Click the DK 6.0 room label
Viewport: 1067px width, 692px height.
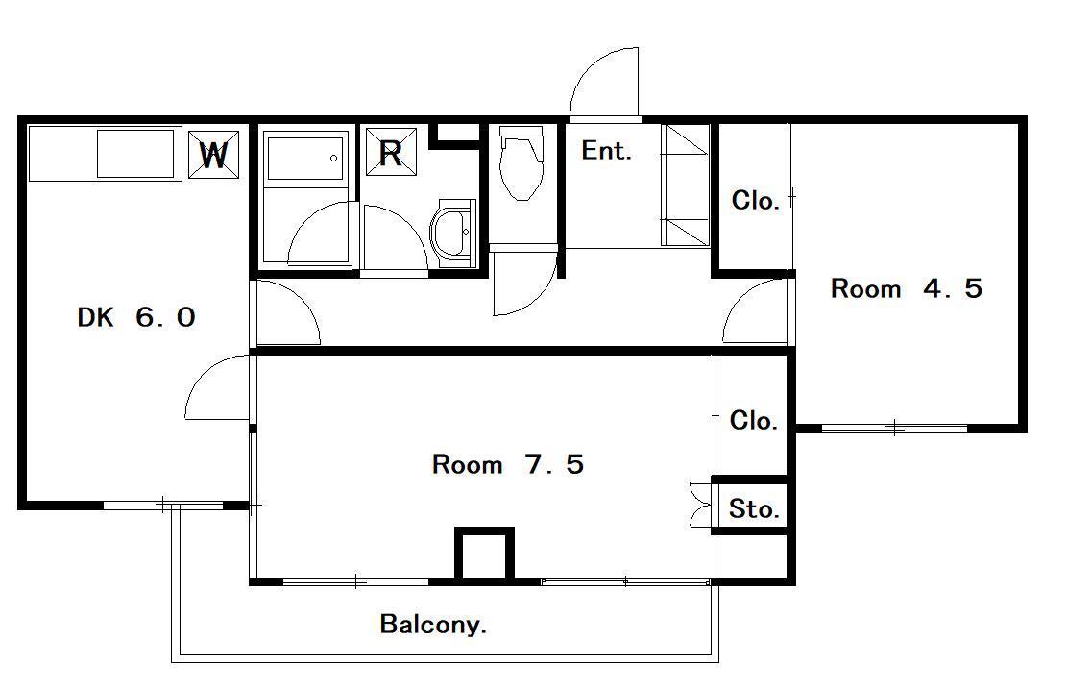(x=136, y=317)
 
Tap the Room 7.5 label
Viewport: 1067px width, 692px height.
(x=508, y=464)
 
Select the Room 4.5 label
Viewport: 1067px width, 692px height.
(x=907, y=288)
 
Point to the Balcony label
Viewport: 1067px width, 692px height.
(x=433, y=624)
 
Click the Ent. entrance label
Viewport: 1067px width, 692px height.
(x=606, y=151)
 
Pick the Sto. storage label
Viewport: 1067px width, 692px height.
(x=753, y=508)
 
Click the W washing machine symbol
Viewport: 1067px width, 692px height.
(x=213, y=155)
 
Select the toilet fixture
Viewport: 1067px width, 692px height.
(x=521, y=163)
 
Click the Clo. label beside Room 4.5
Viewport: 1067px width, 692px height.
(x=755, y=201)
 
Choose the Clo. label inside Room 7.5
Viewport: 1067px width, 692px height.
(x=753, y=420)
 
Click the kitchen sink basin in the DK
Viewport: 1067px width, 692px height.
(x=136, y=154)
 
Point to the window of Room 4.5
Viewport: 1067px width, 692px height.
(x=894, y=428)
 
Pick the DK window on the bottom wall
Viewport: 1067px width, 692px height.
(x=163, y=505)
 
